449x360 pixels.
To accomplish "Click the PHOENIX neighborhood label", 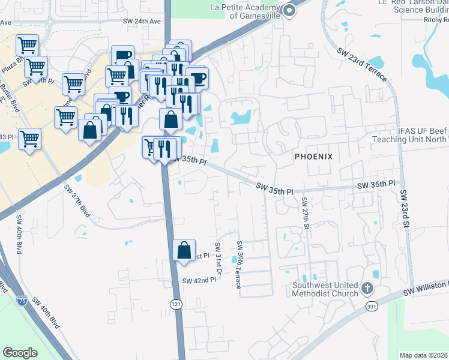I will point(313,156).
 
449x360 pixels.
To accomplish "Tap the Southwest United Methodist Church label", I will point(325,289).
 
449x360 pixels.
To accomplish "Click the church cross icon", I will point(368,290).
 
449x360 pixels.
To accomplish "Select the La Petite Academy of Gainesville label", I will point(246,12).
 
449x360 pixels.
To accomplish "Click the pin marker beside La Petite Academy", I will point(290,10).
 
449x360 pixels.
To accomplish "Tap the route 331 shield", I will point(373,307).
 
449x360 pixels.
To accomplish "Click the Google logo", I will point(20,352).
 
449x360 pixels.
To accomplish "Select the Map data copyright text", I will point(424,355).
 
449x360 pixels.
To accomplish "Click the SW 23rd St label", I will point(405,208).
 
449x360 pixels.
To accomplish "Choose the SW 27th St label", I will point(305,214).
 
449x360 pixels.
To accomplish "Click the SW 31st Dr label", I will point(219,259).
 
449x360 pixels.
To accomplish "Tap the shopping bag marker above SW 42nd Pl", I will point(184,250).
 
